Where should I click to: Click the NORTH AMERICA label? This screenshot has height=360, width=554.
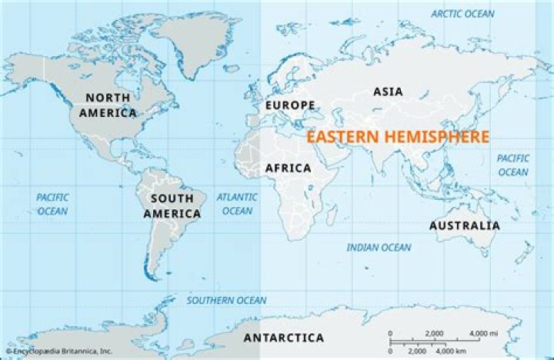click(107, 105)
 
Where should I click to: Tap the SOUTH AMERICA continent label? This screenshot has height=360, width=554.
click(172, 205)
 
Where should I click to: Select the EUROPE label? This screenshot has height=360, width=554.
click(290, 105)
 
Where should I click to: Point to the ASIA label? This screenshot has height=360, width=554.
click(388, 92)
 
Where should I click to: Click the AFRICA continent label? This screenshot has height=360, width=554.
click(288, 168)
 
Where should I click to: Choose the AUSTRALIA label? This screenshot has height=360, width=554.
click(464, 225)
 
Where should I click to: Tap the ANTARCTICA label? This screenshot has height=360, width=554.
click(283, 338)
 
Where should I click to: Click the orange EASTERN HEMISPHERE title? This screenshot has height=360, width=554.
click(398, 137)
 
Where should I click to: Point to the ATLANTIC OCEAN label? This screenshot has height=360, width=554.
click(237, 204)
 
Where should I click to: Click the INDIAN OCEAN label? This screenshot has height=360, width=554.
click(379, 247)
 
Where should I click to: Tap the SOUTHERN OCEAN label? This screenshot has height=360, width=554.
click(227, 300)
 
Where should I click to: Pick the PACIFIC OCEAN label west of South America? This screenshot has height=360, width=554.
click(52, 204)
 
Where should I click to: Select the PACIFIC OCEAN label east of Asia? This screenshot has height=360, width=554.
click(512, 165)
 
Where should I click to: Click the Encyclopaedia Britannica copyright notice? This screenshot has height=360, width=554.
click(58, 352)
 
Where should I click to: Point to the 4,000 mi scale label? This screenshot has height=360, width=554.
click(482, 333)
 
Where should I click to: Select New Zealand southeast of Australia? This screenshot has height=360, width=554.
click(526, 254)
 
